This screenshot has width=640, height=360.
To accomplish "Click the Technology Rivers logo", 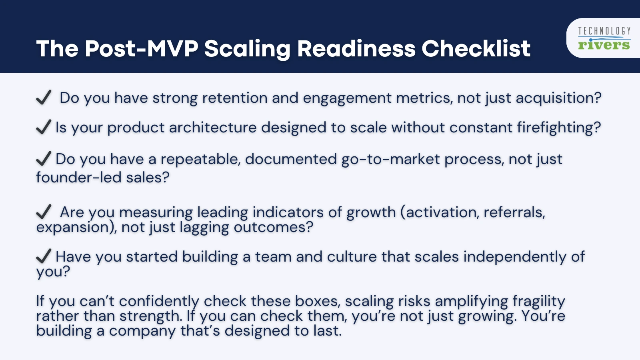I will pos(604,38).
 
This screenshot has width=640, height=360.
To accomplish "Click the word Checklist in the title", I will pos(476,49).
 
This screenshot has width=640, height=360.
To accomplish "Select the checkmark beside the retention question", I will pos(43,97).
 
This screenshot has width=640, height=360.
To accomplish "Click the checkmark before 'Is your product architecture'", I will pos(43,127).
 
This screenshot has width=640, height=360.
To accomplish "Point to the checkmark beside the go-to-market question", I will pos(43,158).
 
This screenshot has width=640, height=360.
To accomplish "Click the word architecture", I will pos(212,128).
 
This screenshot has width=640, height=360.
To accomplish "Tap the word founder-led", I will pos(78,177).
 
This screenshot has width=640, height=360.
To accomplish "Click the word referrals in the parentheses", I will pos(514,212).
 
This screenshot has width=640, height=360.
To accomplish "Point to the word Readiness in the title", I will pos(356,49).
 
